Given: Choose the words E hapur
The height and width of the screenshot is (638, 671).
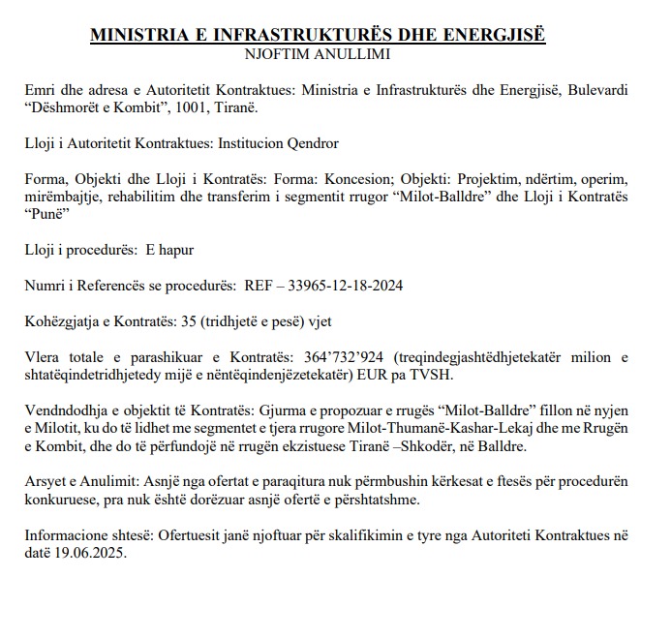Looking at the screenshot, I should click(x=169, y=250).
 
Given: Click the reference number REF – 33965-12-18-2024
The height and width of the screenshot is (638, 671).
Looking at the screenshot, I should click(x=323, y=286).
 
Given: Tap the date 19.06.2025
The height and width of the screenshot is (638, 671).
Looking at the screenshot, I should click(x=88, y=553).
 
